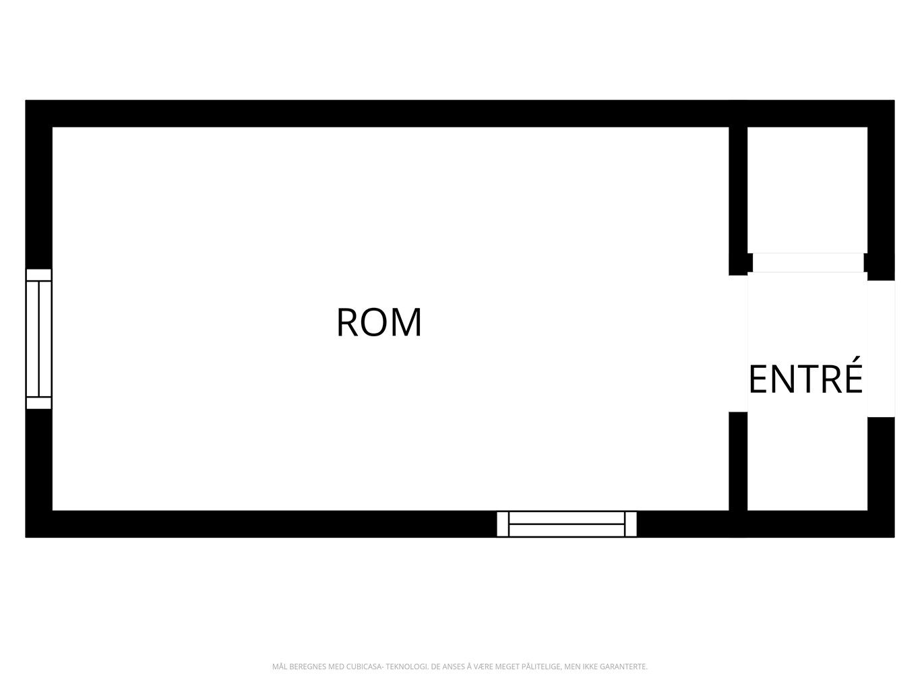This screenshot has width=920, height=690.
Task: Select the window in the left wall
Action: (39, 339)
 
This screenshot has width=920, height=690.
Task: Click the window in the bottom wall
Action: (567, 524)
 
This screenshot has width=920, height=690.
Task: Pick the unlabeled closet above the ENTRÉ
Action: (807, 190)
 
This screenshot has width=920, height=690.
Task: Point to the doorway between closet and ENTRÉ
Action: (808, 263)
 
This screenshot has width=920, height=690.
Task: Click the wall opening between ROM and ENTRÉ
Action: (738, 344)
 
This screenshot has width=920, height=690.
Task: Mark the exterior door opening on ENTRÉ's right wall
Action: (881, 348)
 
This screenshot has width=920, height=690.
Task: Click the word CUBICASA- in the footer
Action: (364, 666)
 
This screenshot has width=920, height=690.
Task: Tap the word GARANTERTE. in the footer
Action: (623, 666)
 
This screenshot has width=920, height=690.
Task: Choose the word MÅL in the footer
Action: (279, 666)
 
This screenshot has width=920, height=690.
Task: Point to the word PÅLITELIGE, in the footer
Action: (542, 666)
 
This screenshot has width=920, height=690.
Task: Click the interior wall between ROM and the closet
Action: (738, 201)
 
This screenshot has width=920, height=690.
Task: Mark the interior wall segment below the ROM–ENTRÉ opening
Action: (738, 462)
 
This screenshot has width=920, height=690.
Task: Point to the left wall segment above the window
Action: (39, 197)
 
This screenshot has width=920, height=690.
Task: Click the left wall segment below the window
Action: (39, 460)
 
